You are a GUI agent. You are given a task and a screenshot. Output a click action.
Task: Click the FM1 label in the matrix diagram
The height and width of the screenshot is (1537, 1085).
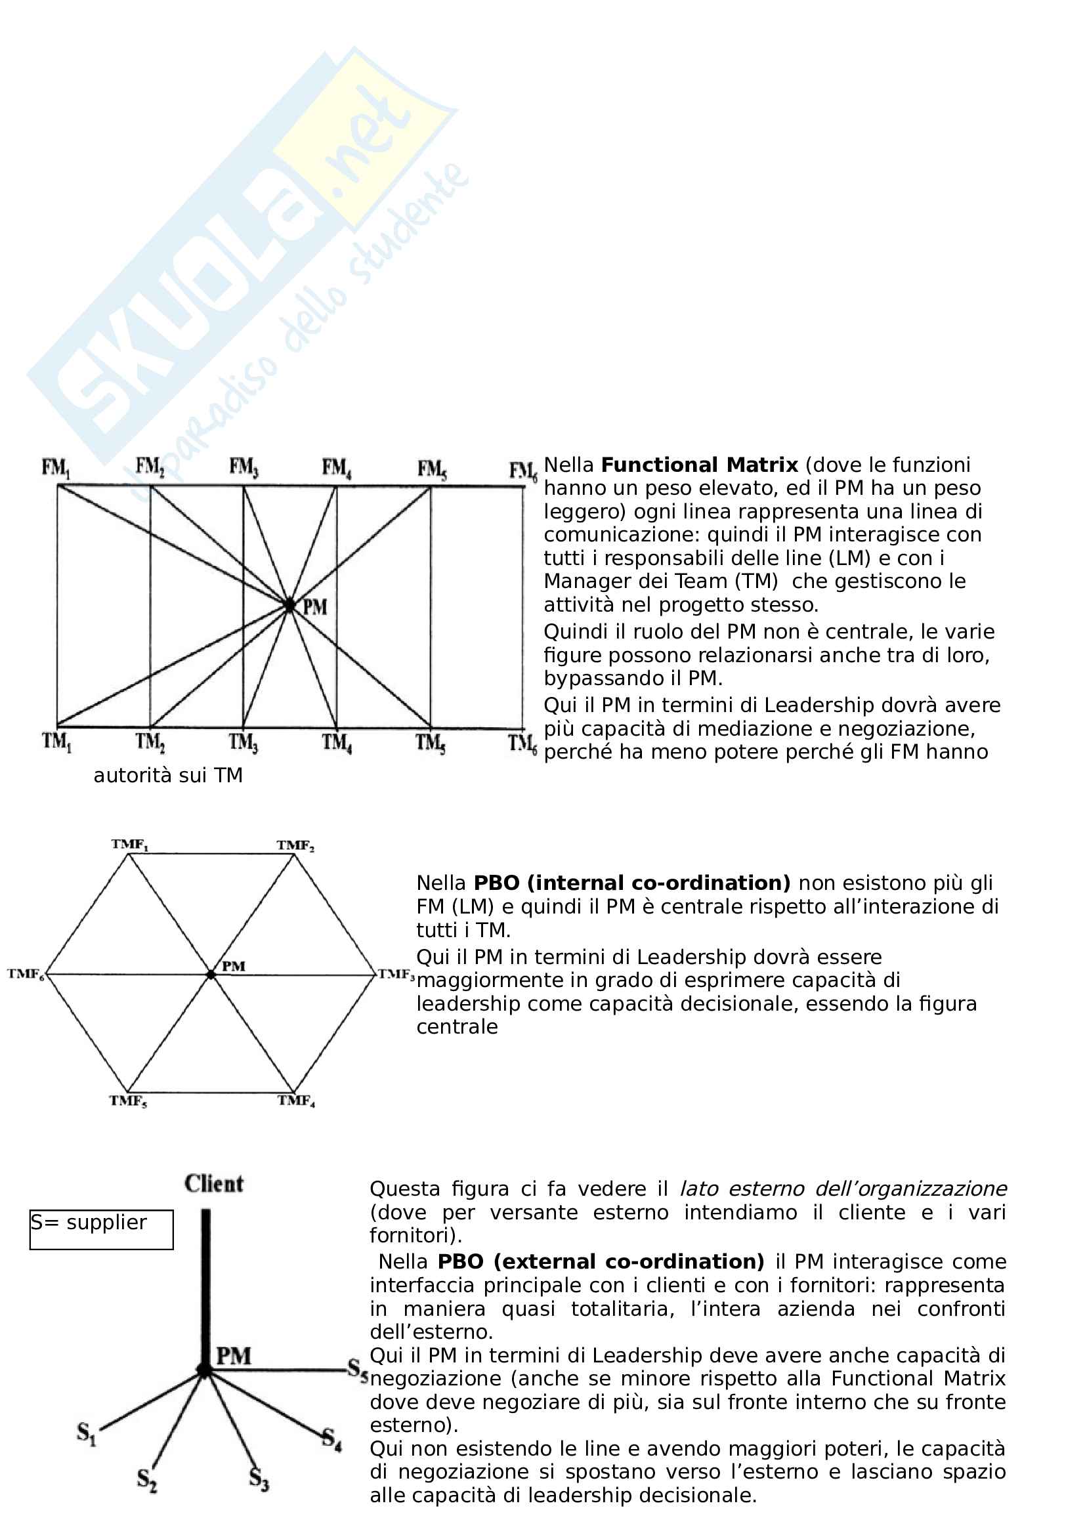[56, 468]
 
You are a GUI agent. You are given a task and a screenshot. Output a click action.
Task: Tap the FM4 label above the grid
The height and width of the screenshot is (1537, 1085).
[337, 468]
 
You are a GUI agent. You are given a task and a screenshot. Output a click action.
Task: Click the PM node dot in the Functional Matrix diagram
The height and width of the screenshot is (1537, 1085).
[289, 605]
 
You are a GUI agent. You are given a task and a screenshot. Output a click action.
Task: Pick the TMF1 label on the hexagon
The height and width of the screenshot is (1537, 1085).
[130, 845]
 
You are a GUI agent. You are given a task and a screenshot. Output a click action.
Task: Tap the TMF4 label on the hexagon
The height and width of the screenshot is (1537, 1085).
[297, 1101]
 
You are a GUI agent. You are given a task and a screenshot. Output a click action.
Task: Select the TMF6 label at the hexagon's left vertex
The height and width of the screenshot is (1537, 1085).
[26, 974]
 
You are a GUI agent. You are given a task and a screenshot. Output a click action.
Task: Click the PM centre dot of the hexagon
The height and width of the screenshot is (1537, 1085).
[211, 975]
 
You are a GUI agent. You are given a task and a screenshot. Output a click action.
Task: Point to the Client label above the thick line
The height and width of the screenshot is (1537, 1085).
[214, 1183]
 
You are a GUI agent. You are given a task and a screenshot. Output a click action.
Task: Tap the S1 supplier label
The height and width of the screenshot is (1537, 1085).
[87, 1433]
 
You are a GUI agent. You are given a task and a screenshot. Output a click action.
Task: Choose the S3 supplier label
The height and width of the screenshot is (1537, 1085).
[259, 1478]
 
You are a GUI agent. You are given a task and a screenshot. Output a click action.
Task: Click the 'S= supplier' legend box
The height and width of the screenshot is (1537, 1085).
[101, 1229]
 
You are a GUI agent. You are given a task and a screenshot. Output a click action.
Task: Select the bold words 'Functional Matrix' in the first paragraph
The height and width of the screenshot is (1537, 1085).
[700, 465]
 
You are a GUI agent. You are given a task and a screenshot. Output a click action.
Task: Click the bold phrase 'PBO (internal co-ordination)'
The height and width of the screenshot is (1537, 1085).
[632, 883]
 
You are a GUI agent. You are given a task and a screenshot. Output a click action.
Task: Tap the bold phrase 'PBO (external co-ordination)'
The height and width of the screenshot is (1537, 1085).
[601, 1261]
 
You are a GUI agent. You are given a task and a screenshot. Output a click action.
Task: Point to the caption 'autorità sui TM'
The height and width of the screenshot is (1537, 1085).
[168, 775]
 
